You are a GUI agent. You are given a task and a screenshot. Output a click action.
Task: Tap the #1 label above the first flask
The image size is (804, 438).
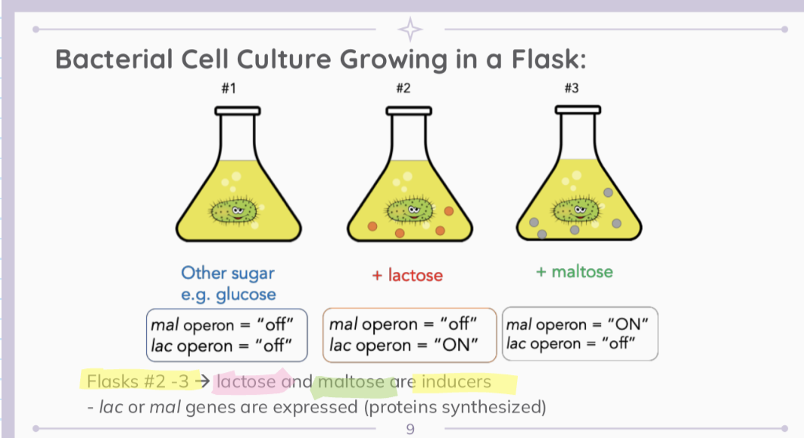pyautogui.click(x=229, y=89)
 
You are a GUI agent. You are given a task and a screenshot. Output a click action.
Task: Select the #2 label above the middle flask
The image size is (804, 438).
pyautogui.click(x=403, y=89)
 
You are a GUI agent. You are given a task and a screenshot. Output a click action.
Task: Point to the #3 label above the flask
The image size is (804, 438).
pyautogui.click(x=572, y=89)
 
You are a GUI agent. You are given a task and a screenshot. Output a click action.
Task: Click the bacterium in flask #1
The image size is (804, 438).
pyautogui.click(x=234, y=211)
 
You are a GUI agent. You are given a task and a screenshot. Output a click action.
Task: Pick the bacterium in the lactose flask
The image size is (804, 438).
pyautogui.click(x=410, y=210)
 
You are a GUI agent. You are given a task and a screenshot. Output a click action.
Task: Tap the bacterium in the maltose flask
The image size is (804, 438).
pyautogui.click(x=576, y=210)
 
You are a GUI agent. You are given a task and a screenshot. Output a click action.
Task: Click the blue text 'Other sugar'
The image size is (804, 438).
pyautogui.click(x=228, y=273)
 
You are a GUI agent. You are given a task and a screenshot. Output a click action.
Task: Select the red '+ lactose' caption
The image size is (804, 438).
pyautogui.click(x=407, y=275)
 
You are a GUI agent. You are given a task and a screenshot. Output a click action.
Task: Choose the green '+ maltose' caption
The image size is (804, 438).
pyautogui.click(x=575, y=271)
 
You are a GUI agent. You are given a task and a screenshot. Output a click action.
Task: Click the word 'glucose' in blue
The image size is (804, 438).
pyautogui.click(x=245, y=295)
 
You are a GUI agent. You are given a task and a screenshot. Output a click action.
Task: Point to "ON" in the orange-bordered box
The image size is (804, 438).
pyautogui.click(x=457, y=345)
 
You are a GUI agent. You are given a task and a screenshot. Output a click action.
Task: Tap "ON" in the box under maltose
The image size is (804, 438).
pyautogui.click(x=628, y=324)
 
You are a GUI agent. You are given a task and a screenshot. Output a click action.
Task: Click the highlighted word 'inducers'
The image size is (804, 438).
pyautogui.click(x=457, y=381)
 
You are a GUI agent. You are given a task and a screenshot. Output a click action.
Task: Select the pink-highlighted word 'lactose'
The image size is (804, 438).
pyautogui.click(x=246, y=381)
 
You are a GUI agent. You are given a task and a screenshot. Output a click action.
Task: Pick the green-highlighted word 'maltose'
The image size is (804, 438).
pyautogui.click(x=351, y=381)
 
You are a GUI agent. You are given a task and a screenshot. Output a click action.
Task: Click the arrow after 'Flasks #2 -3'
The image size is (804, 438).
pyautogui.click(x=203, y=381)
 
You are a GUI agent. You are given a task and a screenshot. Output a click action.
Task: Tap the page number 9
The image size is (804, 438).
pyautogui.click(x=410, y=429)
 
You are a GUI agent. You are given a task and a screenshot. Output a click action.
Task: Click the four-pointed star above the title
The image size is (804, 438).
pyautogui.click(x=410, y=30)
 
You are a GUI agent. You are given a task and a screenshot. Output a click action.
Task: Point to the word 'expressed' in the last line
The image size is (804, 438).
pyautogui.click(x=315, y=407)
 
